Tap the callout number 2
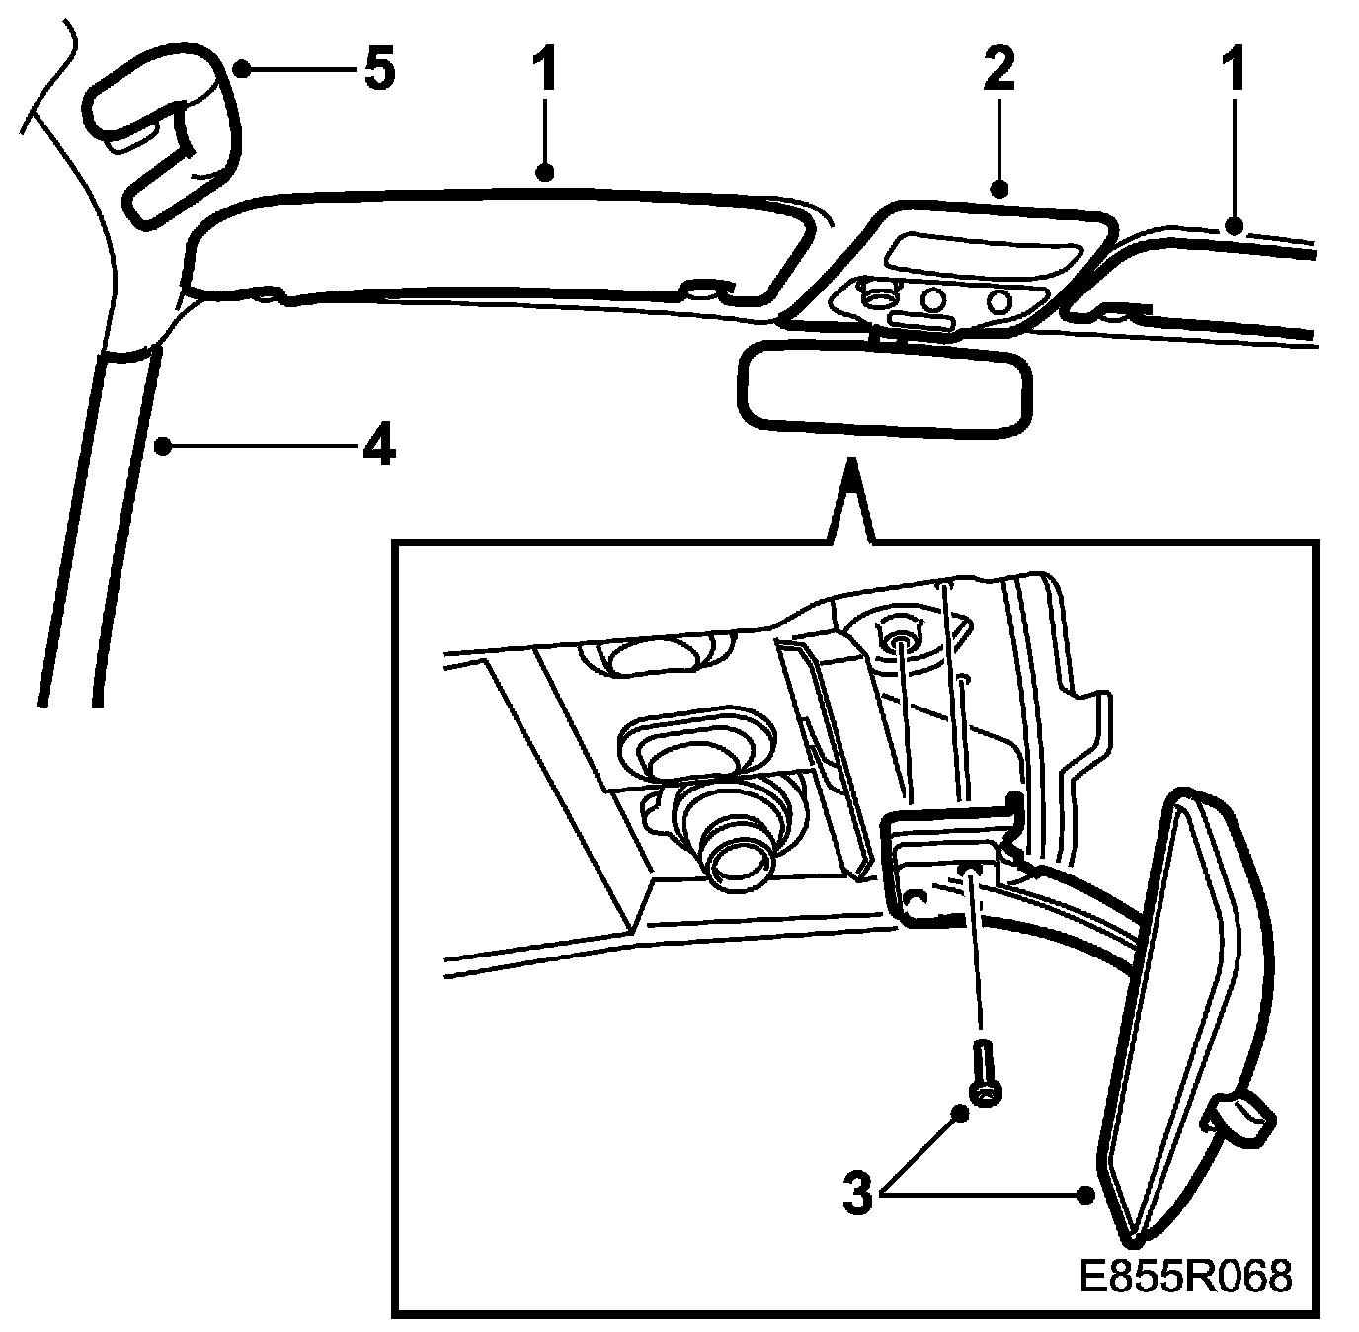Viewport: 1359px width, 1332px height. [x=998, y=70]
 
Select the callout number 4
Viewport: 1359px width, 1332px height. [x=378, y=448]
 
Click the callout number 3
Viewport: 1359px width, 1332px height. [x=858, y=1194]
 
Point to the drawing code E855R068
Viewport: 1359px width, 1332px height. [x=1184, y=1276]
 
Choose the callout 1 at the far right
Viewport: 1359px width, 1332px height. [x=1235, y=70]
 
